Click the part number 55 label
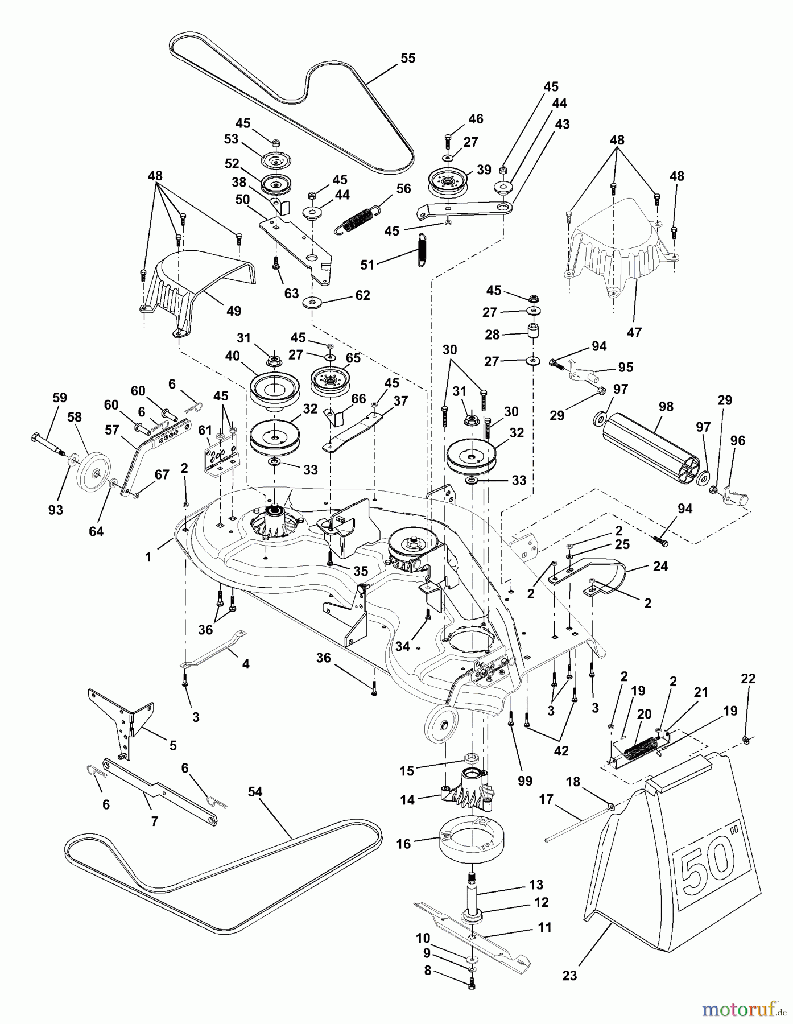tap(408, 58)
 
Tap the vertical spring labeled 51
tap(422, 249)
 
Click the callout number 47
tap(634, 332)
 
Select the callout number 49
tap(233, 311)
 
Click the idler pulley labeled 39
tap(447, 181)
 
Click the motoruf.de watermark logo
tap(740, 1009)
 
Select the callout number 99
tap(524, 781)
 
